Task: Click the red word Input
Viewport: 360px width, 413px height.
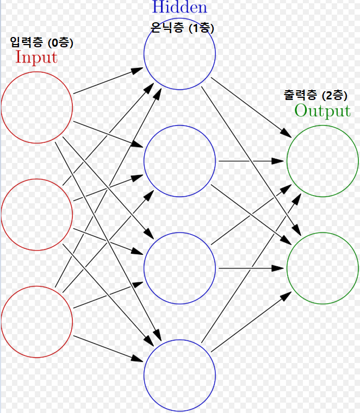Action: (36, 57)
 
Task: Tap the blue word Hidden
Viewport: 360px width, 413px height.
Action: (179, 8)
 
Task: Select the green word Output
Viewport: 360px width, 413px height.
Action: (322, 111)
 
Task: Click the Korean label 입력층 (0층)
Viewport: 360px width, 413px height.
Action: (41, 42)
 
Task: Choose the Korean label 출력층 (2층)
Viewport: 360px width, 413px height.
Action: (314, 96)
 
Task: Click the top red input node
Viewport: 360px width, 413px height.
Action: (37, 107)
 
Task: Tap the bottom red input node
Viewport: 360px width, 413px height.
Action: (37, 321)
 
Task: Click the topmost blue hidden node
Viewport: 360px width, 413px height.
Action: (179, 53)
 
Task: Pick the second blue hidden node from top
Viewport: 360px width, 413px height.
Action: (179, 161)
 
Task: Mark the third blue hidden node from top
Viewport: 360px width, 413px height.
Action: (179, 267)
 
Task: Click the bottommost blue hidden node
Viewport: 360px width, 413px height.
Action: (179, 375)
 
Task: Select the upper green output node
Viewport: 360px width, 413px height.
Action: (322, 161)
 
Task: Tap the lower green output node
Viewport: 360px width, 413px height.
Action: (322, 268)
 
